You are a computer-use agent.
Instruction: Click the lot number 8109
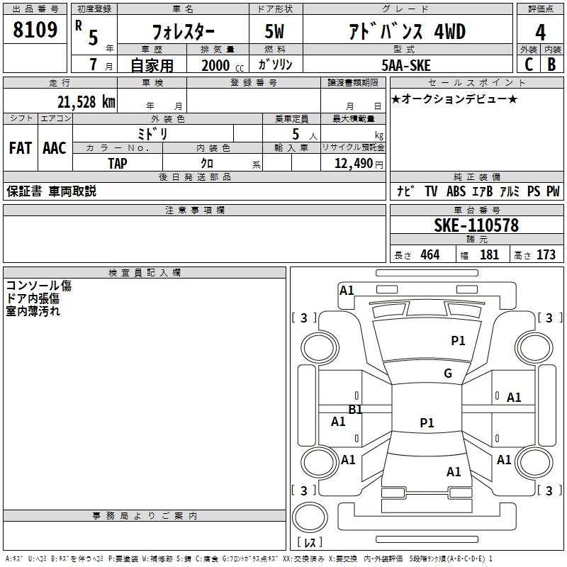click(x=35, y=30)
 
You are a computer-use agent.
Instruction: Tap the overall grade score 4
click(x=541, y=32)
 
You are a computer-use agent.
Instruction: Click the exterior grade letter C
click(x=528, y=64)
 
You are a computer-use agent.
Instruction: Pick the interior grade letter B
click(x=551, y=64)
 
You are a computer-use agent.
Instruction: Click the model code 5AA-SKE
click(x=405, y=64)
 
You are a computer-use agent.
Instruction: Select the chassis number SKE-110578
click(x=476, y=225)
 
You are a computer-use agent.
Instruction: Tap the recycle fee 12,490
click(x=353, y=164)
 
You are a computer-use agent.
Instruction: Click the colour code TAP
click(x=118, y=164)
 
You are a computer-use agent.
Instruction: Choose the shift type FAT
click(x=20, y=148)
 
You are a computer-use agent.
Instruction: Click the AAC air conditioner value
click(x=55, y=148)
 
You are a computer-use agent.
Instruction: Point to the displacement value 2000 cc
click(x=220, y=65)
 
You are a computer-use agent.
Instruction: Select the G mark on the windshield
click(x=447, y=374)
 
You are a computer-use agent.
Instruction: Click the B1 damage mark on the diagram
click(x=355, y=410)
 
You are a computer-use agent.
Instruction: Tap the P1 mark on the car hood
click(x=458, y=341)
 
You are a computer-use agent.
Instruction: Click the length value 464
click(x=430, y=254)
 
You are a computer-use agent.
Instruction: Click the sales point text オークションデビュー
click(x=454, y=99)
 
